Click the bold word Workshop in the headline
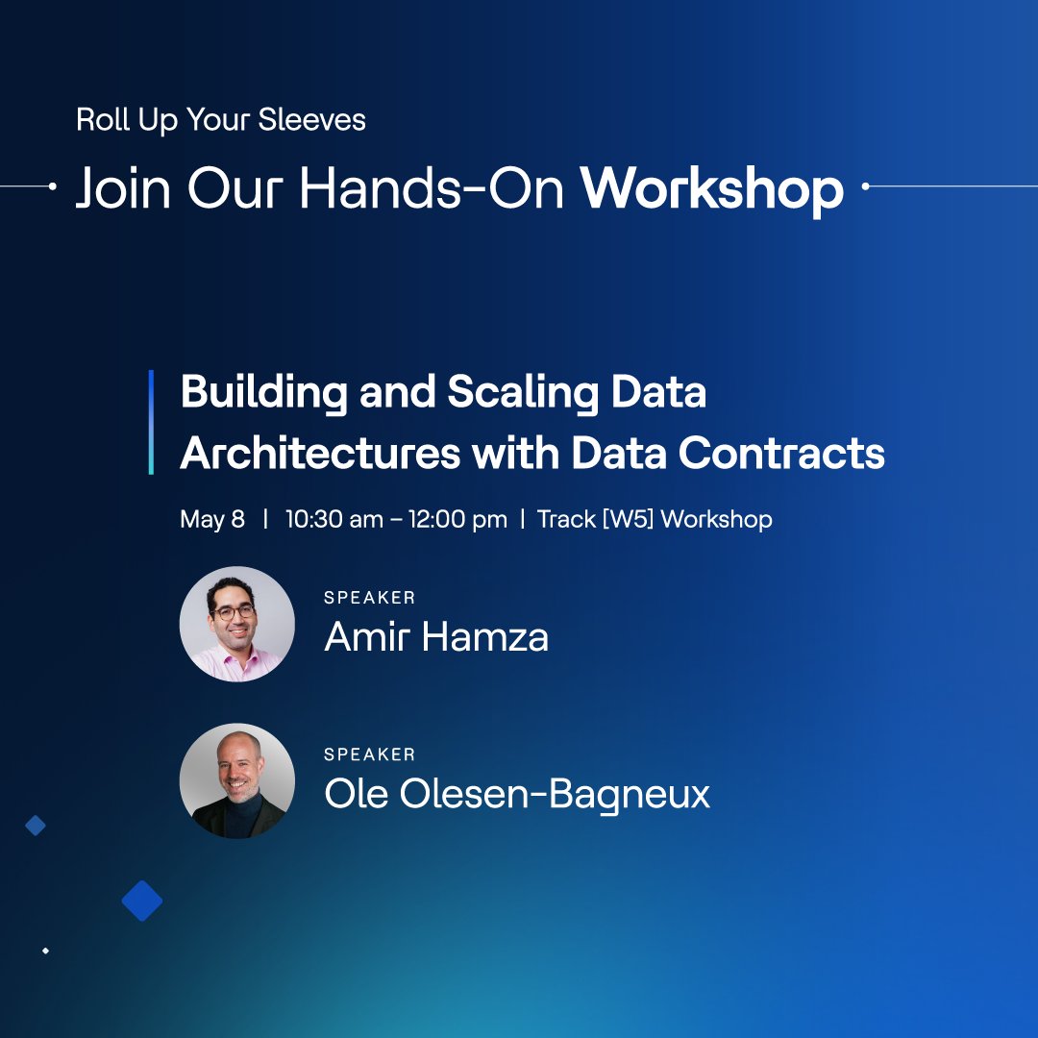tap(711, 189)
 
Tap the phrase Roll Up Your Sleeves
tap(221, 120)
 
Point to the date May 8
tap(212, 520)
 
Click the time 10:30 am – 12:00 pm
tap(396, 520)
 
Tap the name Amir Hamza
tap(436, 637)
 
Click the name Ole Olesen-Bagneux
tap(517, 794)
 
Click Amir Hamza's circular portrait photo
tap(236, 624)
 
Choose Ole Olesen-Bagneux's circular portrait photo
tap(236, 780)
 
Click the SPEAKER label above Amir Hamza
tap(370, 598)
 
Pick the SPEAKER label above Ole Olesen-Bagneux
tap(370, 754)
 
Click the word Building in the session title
tap(263, 393)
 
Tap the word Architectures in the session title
tap(320, 453)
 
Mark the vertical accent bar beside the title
tap(151, 422)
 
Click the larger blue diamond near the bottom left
tap(142, 901)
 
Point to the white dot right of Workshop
tap(865, 186)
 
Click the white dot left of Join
tap(52, 186)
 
